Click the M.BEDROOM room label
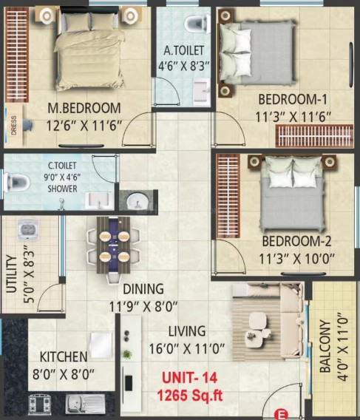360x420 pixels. (x=84, y=109)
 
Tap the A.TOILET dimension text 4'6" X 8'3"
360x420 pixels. (x=183, y=66)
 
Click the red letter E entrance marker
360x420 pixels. (x=281, y=414)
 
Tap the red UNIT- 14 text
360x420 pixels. (x=190, y=378)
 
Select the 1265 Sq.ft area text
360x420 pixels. (x=190, y=396)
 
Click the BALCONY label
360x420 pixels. (x=325, y=346)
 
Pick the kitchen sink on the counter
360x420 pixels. (x=86, y=403)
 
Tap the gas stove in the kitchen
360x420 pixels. (x=40, y=404)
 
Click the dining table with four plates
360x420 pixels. (x=113, y=245)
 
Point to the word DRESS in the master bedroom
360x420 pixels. (x=13, y=126)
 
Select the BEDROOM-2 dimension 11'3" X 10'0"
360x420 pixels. (x=296, y=259)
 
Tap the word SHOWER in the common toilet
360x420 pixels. (x=62, y=189)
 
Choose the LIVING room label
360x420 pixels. (x=187, y=331)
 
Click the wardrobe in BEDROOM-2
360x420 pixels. (x=228, y=196)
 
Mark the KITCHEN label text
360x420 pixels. (x=64, y=357)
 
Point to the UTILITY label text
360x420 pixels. (x=11, y=274)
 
